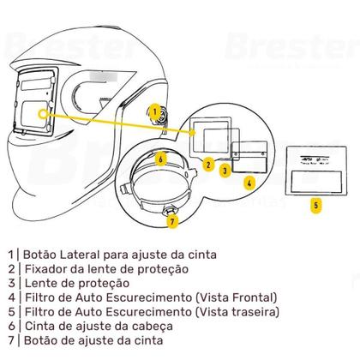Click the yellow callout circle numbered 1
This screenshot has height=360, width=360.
(153, 111)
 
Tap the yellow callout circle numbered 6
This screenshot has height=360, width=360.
(160, 157)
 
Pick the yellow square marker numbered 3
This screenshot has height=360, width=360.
(225, 171)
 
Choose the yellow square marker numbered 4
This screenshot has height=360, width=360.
(249, 182)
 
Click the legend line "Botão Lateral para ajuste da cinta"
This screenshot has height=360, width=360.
(111, 255)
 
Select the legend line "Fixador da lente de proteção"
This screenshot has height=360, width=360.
(99, 268)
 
